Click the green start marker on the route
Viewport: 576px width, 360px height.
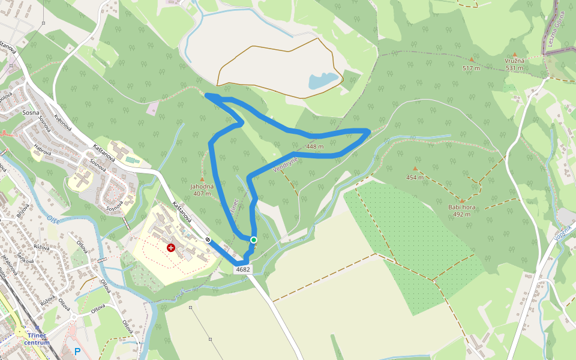click(x=253, y=240)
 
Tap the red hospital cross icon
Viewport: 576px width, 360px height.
click(x=172, y=247)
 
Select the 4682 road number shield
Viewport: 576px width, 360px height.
click(x=243, y=269)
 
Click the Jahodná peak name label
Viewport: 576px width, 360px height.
click(x=202, y=187)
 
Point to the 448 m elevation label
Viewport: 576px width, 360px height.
click(x=314, y=146)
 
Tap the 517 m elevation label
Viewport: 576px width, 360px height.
click(x=471, y=68)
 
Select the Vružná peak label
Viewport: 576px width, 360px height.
click(x=514, y=61)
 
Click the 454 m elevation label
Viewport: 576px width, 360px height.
click(x=415, y=177)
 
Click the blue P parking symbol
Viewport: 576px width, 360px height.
click(x=77, y=352)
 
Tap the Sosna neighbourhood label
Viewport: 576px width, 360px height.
click(x=31, y=112)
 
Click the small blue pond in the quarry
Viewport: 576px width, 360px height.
click(x=323, y=80)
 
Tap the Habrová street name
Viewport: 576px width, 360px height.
click(x=41, y=152)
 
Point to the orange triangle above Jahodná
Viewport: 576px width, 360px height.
click(x=202, y=179)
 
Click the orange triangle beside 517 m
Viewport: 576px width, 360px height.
click(x=472, y=59)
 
